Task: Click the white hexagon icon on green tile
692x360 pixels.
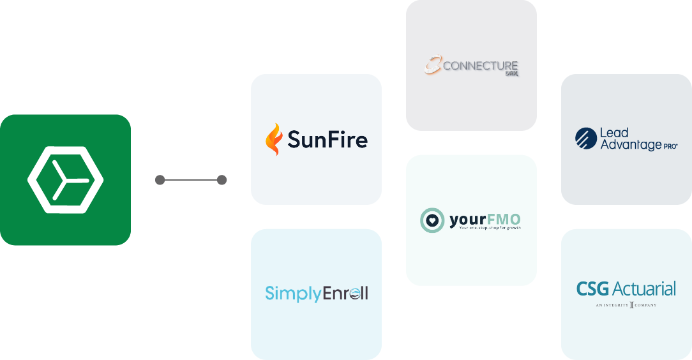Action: (x=65, y=179)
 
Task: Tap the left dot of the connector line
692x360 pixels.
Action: (x=160, y=180)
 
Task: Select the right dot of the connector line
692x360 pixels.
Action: (x=222, y=180)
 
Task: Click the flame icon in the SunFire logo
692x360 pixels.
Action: (x=274, y=139)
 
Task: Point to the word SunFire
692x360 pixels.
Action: (x=327, y=139)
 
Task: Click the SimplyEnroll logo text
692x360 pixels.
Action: (x=317, y=294)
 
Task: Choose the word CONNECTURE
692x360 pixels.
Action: (x=480, y=66)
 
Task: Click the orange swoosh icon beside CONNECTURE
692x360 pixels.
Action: (x=433, y=66)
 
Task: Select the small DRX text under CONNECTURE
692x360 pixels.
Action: (x=511, y=75)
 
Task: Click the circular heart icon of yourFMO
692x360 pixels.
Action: (x=432, y=220)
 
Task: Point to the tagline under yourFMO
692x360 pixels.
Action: (x=490, y=229)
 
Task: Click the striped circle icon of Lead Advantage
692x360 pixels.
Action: (x=585, y=139)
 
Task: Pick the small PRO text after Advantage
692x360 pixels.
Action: (x=670, y=146)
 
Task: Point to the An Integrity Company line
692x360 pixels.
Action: (x=626, y=305)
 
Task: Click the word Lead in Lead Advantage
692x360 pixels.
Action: (x=614, y=133)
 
